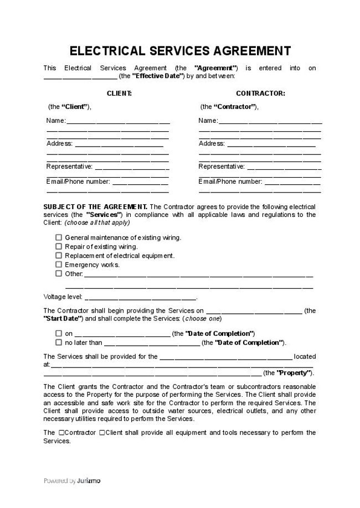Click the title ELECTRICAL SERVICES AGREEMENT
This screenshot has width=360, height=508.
tap(180, 51)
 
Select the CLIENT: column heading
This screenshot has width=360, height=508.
tap(119, 94)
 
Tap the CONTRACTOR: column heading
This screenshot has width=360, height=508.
tap(260, 94)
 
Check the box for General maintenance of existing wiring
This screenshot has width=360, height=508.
tap(59, 237)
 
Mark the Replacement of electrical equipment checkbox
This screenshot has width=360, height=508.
tap(59, 256)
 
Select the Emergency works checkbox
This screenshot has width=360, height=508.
tap(59, 265)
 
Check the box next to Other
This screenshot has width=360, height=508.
tap(59, 273)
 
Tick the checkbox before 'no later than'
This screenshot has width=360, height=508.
tap(59, 343)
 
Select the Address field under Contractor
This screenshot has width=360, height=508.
tap(271, 144)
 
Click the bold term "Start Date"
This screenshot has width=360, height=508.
tap(63, 319)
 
